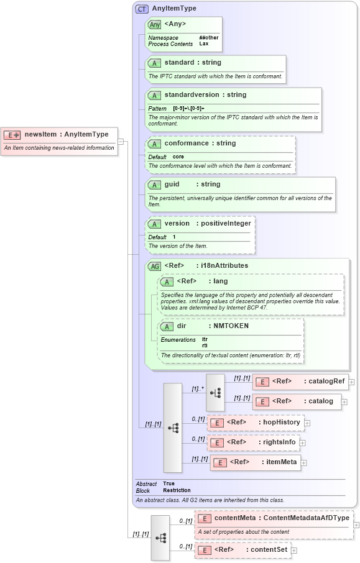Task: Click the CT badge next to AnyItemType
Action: click(x=142, y=9)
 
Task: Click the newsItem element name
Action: click(x=42, y=134)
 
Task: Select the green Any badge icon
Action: click(x=154, y=24)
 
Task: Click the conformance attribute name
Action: click(x=187, y=144)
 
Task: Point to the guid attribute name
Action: click(x=172, y=185)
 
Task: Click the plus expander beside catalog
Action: click(x=344, y=401)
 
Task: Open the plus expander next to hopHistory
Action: click(x=307, y=423)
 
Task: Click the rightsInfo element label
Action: click(x=278, y=442)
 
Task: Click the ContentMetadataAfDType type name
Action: click(x=307, y=518)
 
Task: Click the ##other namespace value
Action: click(x=208, y=38)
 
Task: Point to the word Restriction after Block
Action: click(x=177, y=490)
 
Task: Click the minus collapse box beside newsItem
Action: click(x=121, y=141)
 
